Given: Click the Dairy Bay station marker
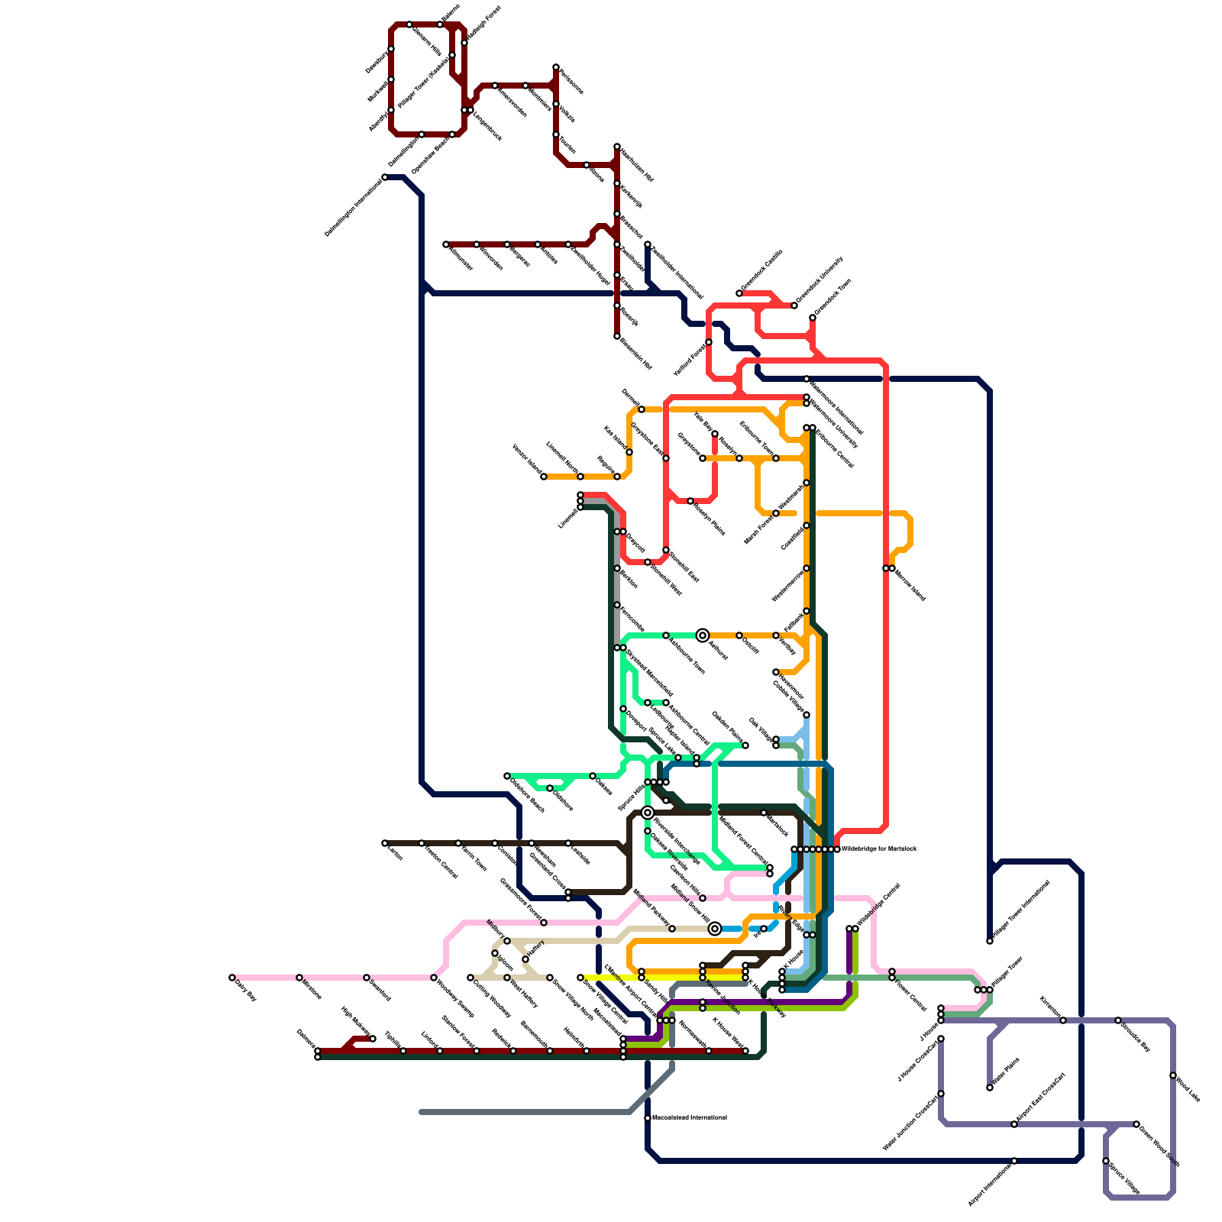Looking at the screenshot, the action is (x=232, y=978).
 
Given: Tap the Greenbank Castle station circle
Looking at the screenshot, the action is (x=739, y=293).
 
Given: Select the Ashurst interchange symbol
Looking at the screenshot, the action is (x=703, y=635).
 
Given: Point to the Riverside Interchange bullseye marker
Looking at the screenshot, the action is (x=648, y=813).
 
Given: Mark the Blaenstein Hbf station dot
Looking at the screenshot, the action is (x=617, y=336).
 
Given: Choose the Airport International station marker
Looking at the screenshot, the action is (x=1014, y=1161).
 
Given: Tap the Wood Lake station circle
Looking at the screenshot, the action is (x=1173, y=1075).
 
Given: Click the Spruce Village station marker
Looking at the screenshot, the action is (x=1106, y=1161).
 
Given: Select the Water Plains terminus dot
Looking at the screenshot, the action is (x=990, y=1088).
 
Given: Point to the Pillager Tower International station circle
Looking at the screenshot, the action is (x=990, y=941).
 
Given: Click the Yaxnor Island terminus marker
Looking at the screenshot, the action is (x=544, y=477).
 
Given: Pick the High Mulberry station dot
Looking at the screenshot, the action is (x=373, y=1039).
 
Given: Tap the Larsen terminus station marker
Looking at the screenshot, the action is (x=385, y=843).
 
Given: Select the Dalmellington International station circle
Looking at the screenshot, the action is (x=385, y=177).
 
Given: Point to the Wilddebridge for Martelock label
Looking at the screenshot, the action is (x=878, y=849).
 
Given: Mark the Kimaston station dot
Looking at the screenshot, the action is (x=1063, y=1020).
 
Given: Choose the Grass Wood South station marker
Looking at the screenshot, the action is (x=1136, y=1124).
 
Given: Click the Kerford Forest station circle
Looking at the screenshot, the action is (x=709, y=342).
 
